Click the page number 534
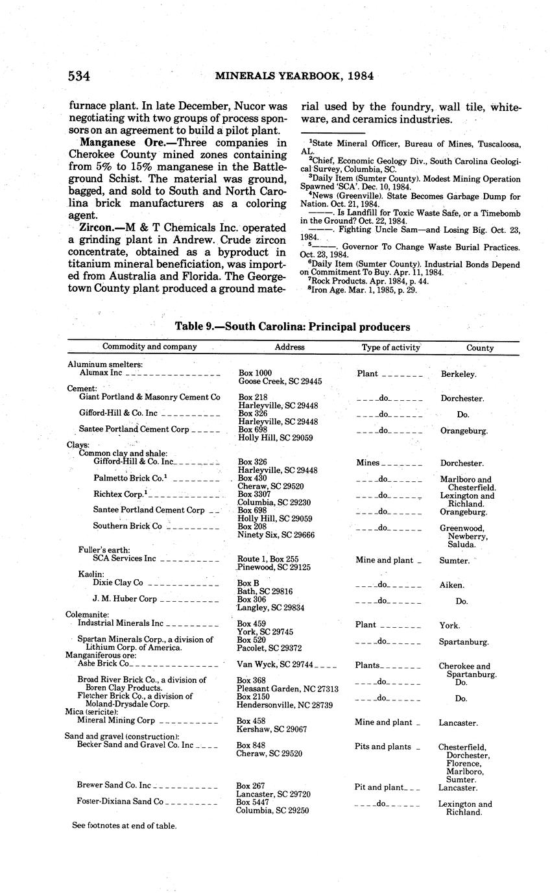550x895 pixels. [x=78, y=76]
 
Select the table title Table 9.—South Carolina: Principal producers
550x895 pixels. [x=293, y=327]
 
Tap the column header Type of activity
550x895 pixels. [x=390, y=347]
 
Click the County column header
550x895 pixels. [x=479, y=348]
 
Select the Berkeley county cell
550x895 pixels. [x=459, y=374]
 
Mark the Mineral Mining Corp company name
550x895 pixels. [x=115, y=721]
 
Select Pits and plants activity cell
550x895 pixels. [x=383, y=746]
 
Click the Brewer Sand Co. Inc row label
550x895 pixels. [x=114, y=785]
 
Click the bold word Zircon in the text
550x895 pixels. [x=96, y=228]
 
